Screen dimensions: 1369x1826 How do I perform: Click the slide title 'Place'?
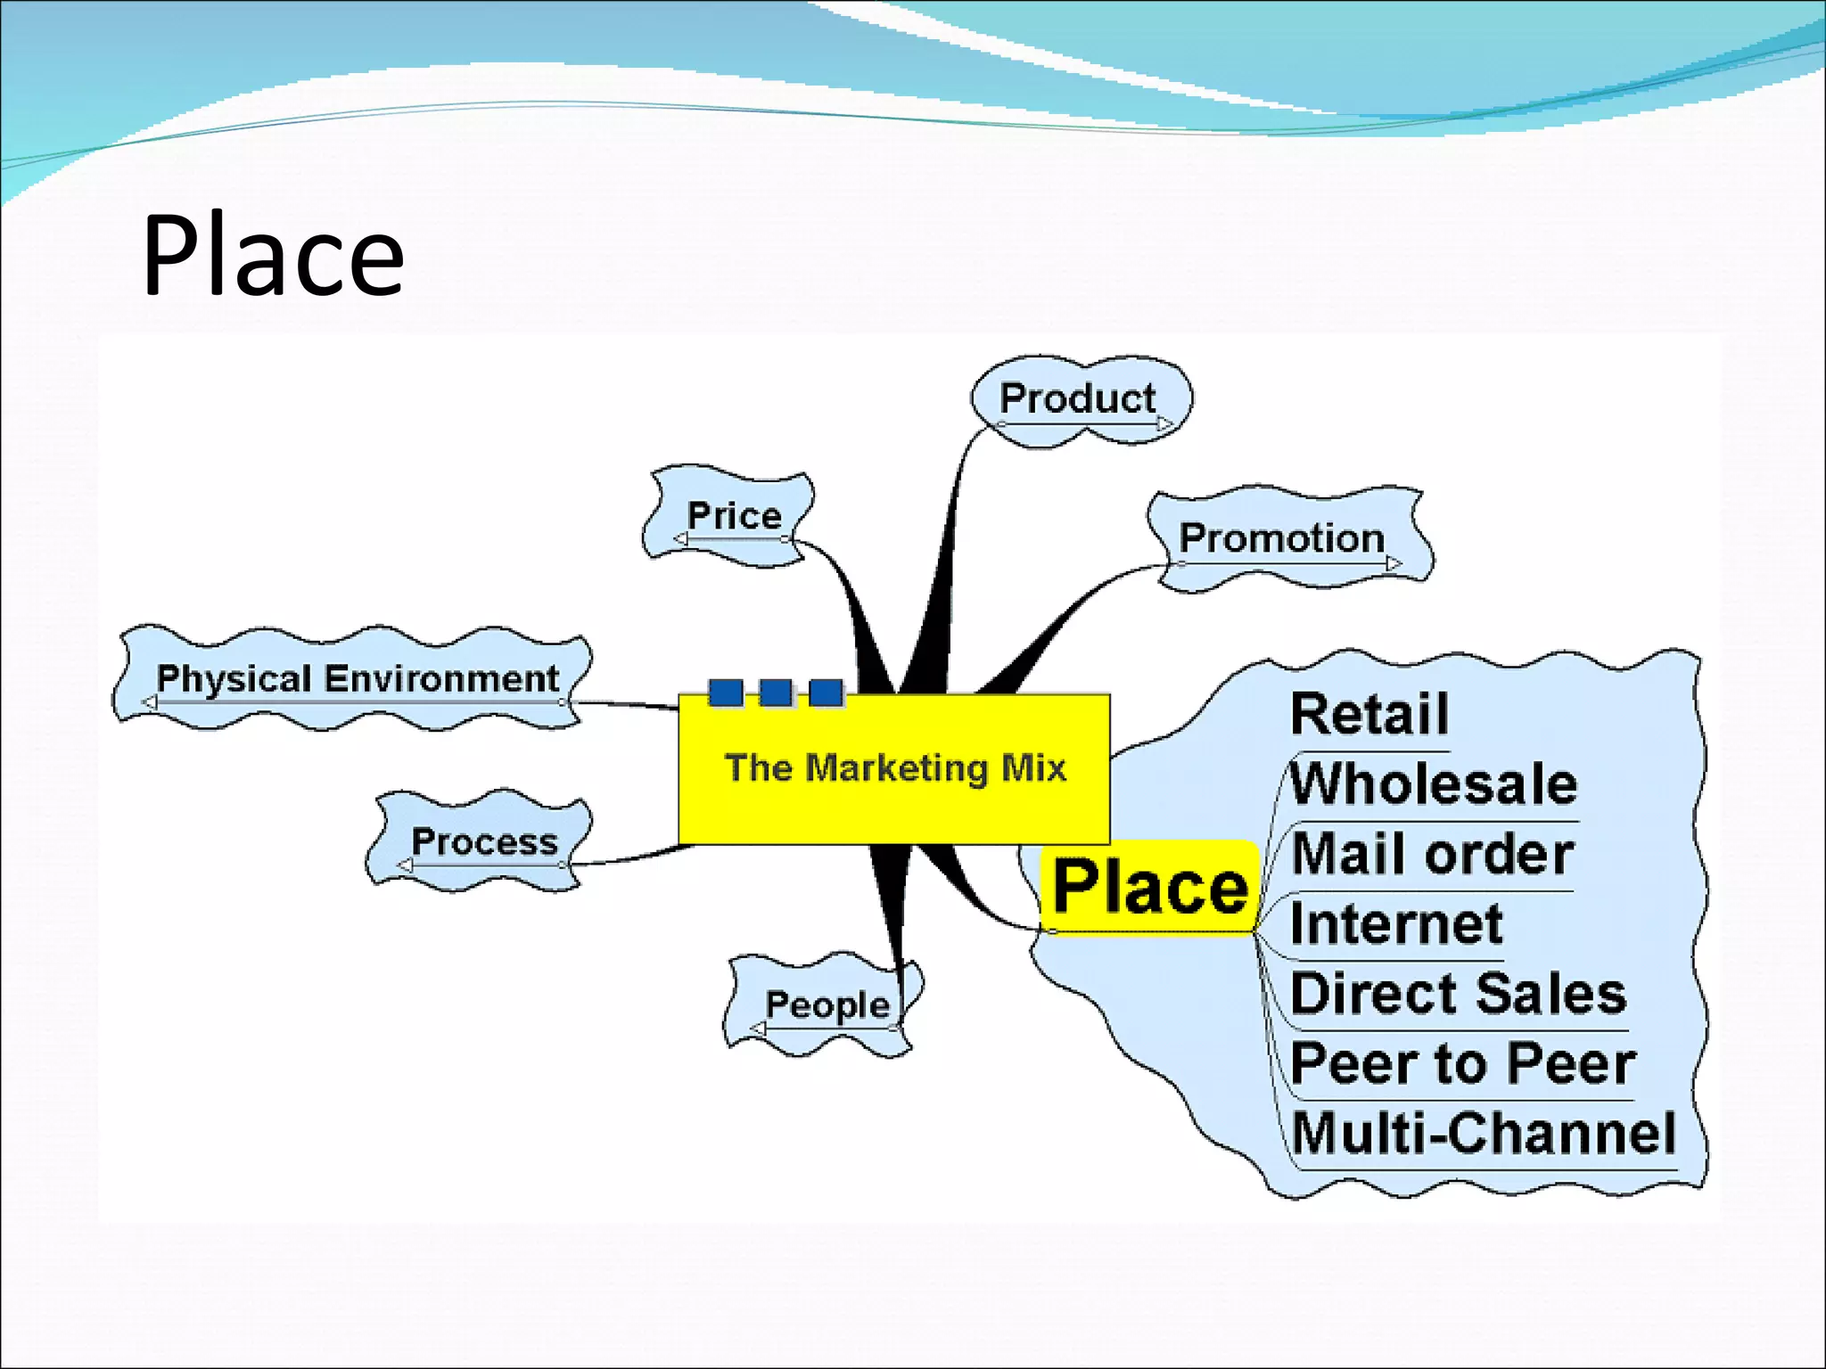[x=273, y=256]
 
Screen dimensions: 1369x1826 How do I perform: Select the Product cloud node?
[x=1077, y=398]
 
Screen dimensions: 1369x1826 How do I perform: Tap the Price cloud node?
[x=734, y=516]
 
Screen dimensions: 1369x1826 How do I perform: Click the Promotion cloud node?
[x=1281, y=538]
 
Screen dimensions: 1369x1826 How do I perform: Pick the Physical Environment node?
[x=358, y=679]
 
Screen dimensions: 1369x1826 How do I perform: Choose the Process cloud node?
[x=484, y=841]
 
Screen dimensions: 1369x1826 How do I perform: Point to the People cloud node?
[x=827, y=1004]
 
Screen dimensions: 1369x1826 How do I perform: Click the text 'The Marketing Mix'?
[x=895, y=768]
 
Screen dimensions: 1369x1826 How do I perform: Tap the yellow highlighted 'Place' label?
[x=1150, y=888]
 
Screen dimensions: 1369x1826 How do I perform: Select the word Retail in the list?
[x=1369, y=715]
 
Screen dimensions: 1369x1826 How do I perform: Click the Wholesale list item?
[x=1434, y=784]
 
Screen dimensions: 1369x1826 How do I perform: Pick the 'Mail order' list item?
[x=1432, y=854]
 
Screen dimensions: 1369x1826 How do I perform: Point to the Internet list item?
[x=1396, y=923]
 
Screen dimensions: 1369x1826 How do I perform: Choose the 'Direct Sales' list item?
[x=1459, y=993]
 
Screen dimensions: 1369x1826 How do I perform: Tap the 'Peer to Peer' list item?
[x=1463, y=1063]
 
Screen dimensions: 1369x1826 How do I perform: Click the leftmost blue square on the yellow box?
[x=726, y=693]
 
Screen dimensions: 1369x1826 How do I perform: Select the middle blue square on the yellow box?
[x=776, y=693]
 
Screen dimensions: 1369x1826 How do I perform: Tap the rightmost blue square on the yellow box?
[x=826, y=693]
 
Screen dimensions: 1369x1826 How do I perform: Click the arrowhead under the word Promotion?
[x=1394, y=563]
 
